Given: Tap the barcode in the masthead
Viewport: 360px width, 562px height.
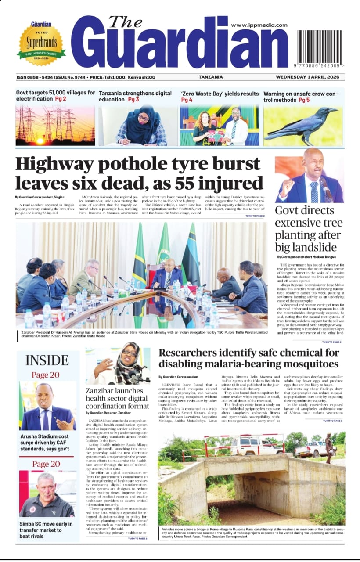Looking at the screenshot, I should point(321,48).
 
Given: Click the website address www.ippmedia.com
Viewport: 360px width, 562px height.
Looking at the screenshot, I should point(259,25).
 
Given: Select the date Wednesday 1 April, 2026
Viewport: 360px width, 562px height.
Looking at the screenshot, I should point(310,77).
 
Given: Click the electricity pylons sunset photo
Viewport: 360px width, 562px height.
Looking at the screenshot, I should point(55,125).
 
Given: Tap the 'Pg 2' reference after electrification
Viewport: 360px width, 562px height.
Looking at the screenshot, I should point(61,99).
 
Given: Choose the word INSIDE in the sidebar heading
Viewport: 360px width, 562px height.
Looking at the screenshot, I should point(47,360).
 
